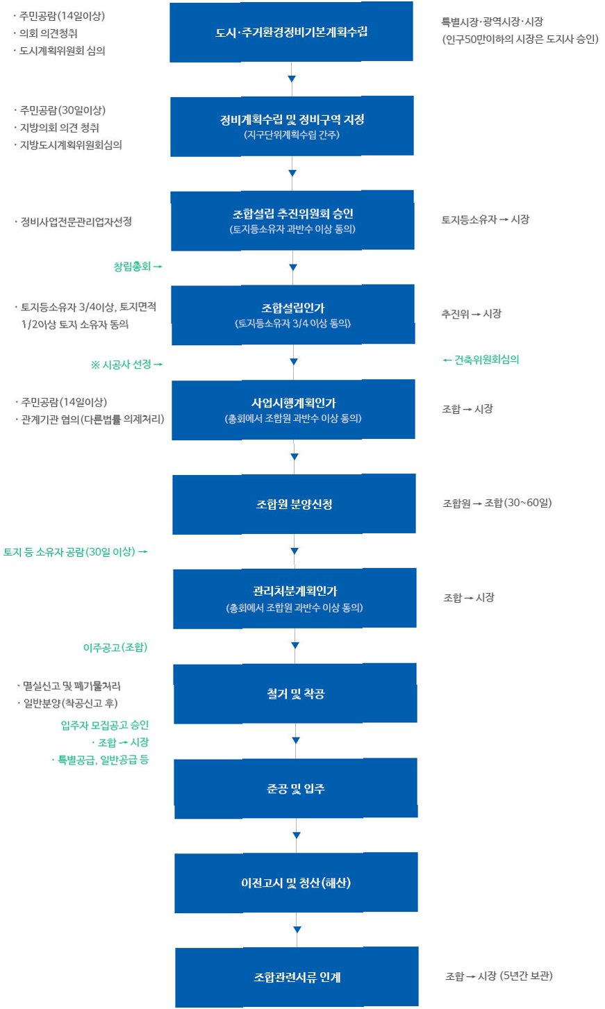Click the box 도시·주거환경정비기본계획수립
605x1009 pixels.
[291, 33]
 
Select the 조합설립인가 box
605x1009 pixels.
[292, 315]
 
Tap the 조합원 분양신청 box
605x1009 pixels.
[294, 504]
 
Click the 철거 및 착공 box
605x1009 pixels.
[295, 694]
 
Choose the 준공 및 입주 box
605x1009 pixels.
[296, 788]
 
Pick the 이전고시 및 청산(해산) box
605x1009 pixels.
[296, 883]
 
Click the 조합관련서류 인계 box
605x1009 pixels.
[297, 977]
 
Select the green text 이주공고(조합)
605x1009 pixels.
[115, 647]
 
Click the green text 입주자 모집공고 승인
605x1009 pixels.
[105, 725]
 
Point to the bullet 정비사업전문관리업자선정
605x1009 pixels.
[76, 222]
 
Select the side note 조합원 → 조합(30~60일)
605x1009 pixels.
[497, 503]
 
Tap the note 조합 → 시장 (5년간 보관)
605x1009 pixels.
[499, 976]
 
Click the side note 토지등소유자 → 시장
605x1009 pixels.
[485, 219]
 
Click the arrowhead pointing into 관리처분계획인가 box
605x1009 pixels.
[295, 551]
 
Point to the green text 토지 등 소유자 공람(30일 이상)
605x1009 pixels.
[75, 552]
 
